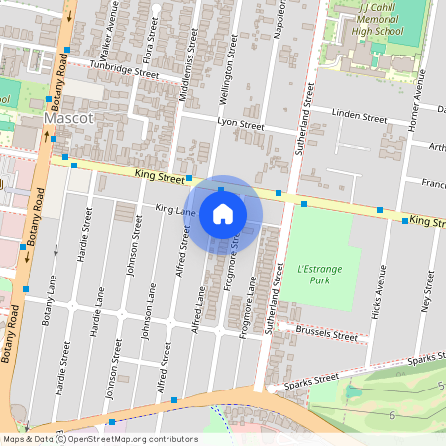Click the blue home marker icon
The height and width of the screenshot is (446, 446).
[x=223, y=214]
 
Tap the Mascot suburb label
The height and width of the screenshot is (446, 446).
[x=69, y=119]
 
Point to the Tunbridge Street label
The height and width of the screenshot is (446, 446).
[x=123, y=71]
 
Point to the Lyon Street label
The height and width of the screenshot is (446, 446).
[x=240, y=126]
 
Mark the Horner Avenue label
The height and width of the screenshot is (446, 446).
[x=419, y=104]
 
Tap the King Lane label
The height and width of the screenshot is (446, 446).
[x=175, y=209]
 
